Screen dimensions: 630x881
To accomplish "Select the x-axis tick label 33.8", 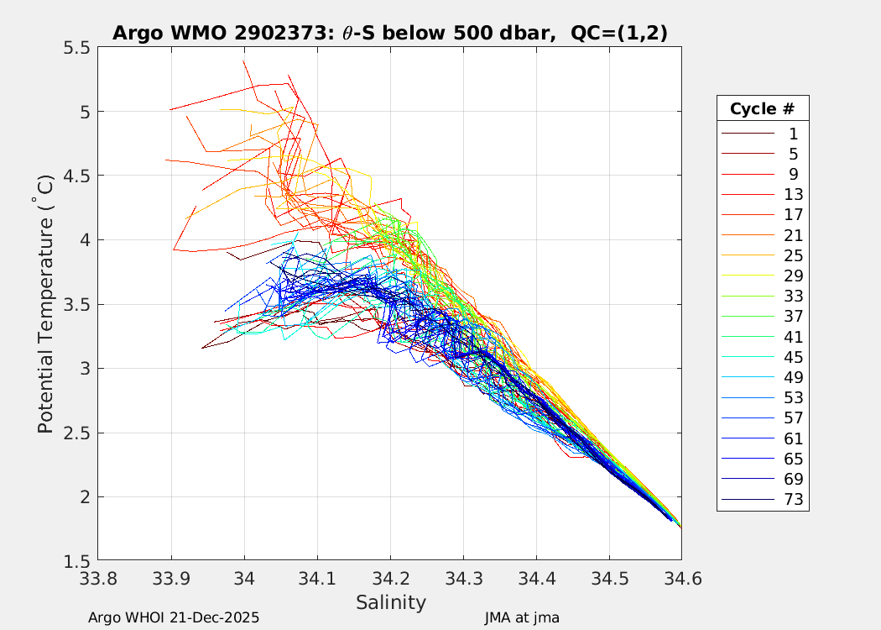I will pyautogui.click(x=98, y=579).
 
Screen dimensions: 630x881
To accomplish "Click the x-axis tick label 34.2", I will pyautogui.click(x=389, y=579).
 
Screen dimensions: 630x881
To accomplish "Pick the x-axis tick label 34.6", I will pyautogui.click(x=680, y=579).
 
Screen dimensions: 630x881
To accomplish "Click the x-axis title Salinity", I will pyautogui.click(x=390, y=602).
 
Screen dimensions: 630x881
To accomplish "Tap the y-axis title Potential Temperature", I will pyautogui.click(x=45, y=304).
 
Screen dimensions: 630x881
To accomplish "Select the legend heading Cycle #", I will pyautogui.click(x=762, y=109).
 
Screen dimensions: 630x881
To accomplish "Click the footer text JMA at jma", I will pyautogui.click(x=521, y=618).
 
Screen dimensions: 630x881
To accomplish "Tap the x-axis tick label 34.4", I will pyautogui.click(x=535, y=579).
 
